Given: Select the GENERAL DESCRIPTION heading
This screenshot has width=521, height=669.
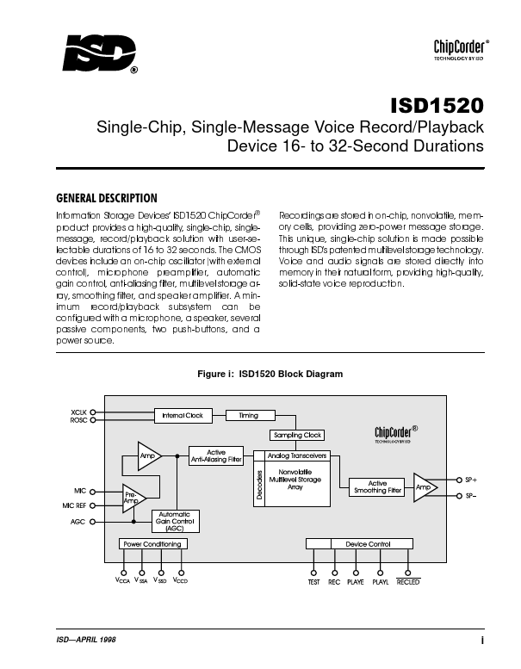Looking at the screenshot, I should [x=106, y=197].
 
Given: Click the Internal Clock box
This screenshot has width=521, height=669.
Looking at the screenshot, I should [x=183, y=415].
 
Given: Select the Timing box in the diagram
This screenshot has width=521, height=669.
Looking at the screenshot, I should [x=248, y=415].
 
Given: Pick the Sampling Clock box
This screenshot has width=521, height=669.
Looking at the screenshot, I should [x=297, y=435].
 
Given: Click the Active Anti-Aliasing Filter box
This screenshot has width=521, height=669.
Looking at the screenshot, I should [x=216, y=456].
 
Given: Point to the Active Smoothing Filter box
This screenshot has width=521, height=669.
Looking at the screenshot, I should [x=377, y=487].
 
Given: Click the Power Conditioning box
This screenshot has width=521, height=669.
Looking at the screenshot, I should [x=152, y=544].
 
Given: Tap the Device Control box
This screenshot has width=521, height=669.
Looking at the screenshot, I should [x=368, y=544].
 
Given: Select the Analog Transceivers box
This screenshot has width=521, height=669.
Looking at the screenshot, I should [x=296, y=455].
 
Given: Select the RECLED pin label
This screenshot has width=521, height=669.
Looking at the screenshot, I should [x=407, y=582].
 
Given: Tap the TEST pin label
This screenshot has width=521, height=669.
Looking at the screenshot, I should [x=314, y=582].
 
